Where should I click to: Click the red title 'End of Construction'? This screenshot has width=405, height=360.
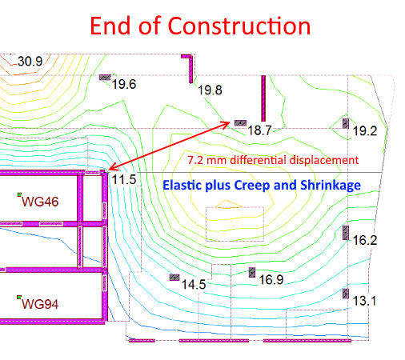pyautogui.click(x=200, y=26)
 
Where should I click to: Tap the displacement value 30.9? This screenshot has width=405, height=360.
pyautogui.click(x=30, y=62)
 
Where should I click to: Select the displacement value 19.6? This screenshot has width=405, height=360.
pyautogui.click(x=124, y=84)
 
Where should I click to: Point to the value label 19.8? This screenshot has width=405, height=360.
pyautogui.click(x=210, y=90)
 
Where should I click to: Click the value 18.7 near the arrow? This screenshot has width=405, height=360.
pyautogui.click(x=259, y=130)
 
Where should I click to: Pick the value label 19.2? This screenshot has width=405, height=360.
pyautogui.click(x=365, y=131)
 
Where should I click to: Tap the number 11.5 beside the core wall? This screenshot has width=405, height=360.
pyautogui.click(x=124, y=179)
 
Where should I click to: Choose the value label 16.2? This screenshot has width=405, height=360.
pyautogui.click(x=365, y=240)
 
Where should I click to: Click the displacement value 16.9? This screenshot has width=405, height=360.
pyautogui.click(x=271, y=280)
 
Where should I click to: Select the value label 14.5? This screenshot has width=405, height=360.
pyautogui.click(x=194, y=285)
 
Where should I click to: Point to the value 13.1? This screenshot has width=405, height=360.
pyautogui.click(x=364, y=301)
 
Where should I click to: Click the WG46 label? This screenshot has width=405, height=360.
pyautogui.click(x=40, y=202)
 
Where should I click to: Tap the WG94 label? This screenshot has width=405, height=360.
pyautogui.click(x=40, y=304)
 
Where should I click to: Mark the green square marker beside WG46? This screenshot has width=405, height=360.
pyautogui.click(x=19, y=194)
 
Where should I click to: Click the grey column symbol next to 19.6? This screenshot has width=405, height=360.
pyautogui.click(x=105, y=78)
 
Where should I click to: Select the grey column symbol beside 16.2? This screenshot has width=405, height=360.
pyautogui.click(x=346, y=233)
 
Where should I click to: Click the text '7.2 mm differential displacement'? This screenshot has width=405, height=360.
pyautogui.click(x=273, y=160)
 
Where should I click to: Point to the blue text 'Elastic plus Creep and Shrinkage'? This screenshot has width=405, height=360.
pyautogui.click(x=262, y=185)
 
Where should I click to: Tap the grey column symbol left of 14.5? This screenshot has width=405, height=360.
pyautogui.click(x=174, y=278)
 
